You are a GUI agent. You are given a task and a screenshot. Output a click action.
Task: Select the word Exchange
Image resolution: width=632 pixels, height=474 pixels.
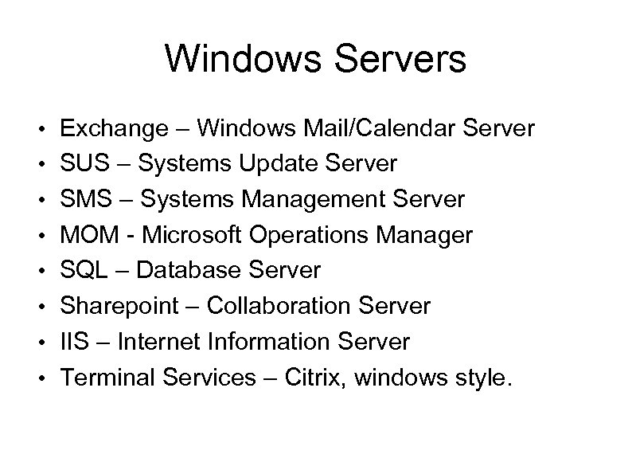(x=113, y=128)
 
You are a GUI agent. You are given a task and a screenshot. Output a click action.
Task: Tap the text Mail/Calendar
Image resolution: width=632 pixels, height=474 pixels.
(x=378, y=128)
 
